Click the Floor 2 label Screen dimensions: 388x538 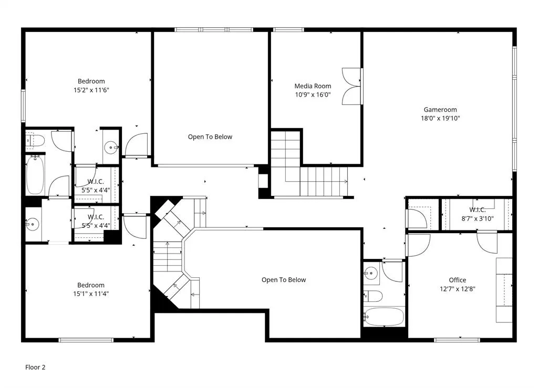(x=35, y=368)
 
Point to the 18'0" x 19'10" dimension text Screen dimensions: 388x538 (x=440, y=118)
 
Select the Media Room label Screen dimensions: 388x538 (x=313, y=86)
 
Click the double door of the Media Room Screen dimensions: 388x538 (x=351, y=86)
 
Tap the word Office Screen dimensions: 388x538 (x=457, y=280)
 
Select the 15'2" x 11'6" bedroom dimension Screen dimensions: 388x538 (x=91, y=90)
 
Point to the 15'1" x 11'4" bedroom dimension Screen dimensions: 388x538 (x=91, y=293)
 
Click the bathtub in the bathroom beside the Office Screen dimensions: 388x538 (x=384, y=317)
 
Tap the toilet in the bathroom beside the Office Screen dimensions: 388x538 (x=373, y=296)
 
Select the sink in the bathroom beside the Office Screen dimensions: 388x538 (x=371, y=273)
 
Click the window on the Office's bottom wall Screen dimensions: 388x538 (x=457, y=340)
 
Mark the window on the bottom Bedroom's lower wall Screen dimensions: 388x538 (x=86, y=340)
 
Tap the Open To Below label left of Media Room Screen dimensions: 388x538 (x=210, y=137)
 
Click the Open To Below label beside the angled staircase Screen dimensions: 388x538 (x=284, y=280)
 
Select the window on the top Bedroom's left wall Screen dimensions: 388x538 (x=23, y=106)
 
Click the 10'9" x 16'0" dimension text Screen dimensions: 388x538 (x=313, y=95)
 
